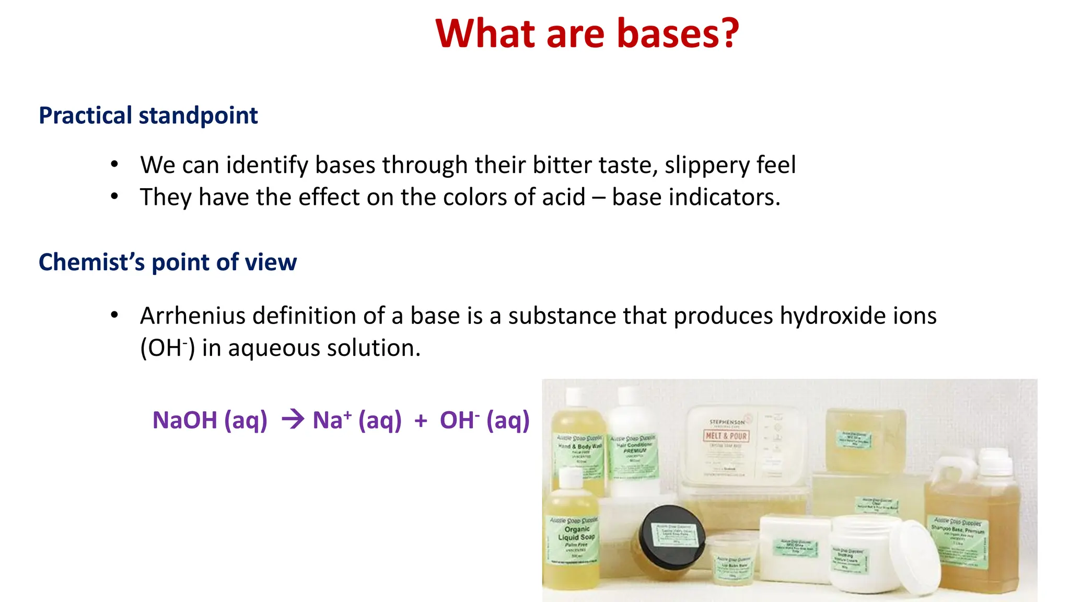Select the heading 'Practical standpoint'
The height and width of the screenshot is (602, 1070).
coord(148,115)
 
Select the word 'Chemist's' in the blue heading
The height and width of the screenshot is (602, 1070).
coord(91,262)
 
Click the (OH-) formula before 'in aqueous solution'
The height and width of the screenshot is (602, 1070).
coord(167,348)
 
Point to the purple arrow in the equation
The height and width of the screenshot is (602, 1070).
coord(293,419)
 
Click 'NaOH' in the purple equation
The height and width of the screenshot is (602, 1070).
coord(184,420)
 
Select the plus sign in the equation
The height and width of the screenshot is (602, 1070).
coord(421,421)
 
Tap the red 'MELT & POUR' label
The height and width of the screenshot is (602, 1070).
coord(727,436)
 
